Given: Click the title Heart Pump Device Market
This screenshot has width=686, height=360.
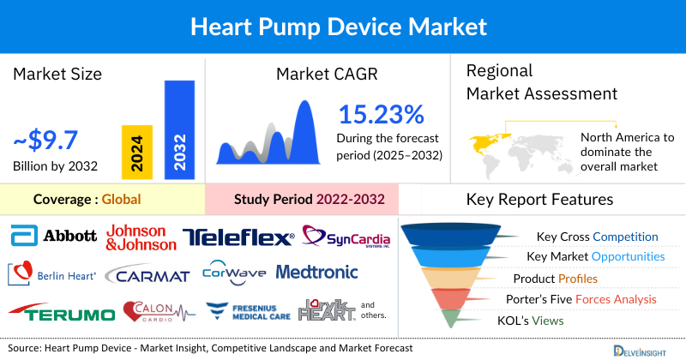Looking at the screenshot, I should [342, 26].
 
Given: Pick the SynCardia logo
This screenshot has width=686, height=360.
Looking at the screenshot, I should [342, 236].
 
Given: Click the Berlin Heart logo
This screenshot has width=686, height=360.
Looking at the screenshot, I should [53, 273].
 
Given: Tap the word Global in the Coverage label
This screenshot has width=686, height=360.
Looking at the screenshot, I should [121, 199].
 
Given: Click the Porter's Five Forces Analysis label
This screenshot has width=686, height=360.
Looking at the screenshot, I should [583, 299].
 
